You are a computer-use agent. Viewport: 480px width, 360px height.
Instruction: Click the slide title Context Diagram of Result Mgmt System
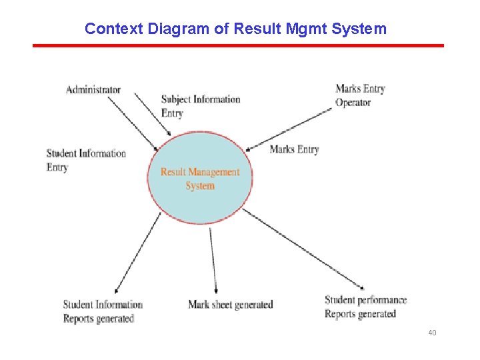pyautogui.click(x=235, y=29)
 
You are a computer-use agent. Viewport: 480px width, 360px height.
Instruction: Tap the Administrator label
pyautogui.click(x=93, y=89)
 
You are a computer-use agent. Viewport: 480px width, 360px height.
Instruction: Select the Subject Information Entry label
pyautogui.click(x=200, y=106)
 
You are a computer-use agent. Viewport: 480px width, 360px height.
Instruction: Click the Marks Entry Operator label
pyautogui.click(x=360, y=95)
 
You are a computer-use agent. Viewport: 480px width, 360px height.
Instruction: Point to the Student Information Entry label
pyautogui.click(x=86, y=160)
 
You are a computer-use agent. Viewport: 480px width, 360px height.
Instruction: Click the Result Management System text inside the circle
pyautogui.click(x=200, y=179)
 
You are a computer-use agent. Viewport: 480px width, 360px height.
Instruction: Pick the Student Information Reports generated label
pyautogui.click(x=103, y=311)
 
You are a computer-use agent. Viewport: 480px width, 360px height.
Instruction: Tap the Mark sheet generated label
pyautogui.click(x=231, y=305)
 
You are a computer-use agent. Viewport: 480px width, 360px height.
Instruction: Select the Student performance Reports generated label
pyautogui.click(x=365, y=307)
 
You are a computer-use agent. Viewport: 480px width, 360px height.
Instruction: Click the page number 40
pyautogui.click(x=432, y=332)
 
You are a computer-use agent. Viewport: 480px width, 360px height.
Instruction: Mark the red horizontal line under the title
pyautogui.click(x=238, y=45)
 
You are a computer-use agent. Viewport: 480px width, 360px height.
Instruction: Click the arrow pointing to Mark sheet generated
pyautogui.click(x=213, y=260)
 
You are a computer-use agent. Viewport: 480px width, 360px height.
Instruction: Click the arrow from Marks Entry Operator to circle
pyautogui.click(x=290, y=129)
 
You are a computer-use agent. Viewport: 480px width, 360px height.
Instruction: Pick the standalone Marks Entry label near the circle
pyautogui.click(x=294, y=149)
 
